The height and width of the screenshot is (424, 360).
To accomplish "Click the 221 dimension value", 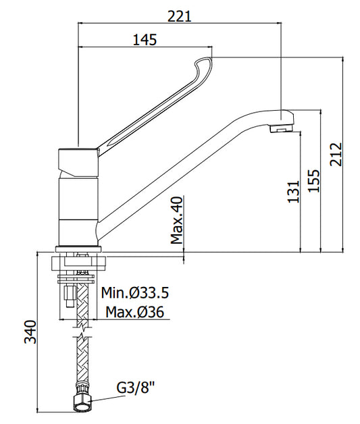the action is (179, 16).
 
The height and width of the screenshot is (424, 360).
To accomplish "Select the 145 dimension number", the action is (145, 40).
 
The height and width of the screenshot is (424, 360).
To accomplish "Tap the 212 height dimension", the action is (336, 154).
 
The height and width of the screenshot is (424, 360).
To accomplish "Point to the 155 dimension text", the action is (314, 181).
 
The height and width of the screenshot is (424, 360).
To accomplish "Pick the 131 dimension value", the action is (294, 192).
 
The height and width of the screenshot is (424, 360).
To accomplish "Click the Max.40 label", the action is (177, 220).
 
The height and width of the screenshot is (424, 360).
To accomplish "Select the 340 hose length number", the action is (30, 332).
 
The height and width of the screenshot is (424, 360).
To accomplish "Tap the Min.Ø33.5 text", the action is (135, 292).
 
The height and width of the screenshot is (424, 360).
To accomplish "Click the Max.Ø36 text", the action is (134, 312).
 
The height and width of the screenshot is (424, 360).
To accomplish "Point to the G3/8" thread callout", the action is (135, 388).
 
